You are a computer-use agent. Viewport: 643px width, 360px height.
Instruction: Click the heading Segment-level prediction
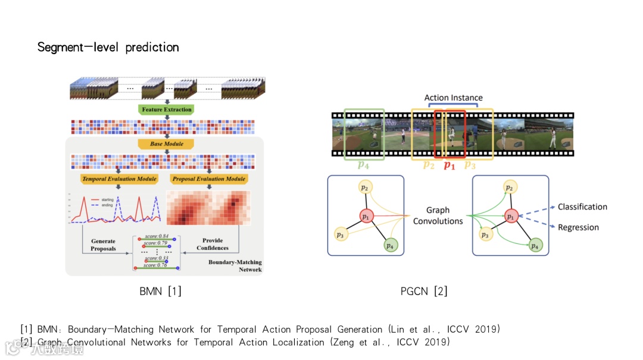click(x=108, y=47)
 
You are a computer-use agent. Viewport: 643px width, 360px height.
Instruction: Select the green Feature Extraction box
click(x=167, y=109)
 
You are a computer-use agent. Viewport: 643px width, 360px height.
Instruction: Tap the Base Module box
click(x=166, y=144)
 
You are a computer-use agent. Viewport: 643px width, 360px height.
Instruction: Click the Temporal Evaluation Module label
click(x=119, y=179)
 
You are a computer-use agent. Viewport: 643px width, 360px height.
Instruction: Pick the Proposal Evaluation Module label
click(x=208, y=179)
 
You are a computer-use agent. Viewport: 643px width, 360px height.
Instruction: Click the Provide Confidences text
click(x=212, y=245)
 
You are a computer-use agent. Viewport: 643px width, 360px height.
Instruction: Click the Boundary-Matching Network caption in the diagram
click(x=235, y=266)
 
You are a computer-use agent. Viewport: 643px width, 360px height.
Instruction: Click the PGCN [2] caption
click(x=424, y=292)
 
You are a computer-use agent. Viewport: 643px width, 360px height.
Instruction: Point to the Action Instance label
click(x=453, y=98)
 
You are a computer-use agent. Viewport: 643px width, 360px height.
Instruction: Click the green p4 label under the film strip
click(x=363, y=165)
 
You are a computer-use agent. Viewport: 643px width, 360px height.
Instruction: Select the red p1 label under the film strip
click(x=450, y=165)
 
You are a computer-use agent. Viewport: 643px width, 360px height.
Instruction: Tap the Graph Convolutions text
click(x=438, y=215)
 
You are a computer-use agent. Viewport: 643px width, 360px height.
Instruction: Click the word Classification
click(x=582, y=207)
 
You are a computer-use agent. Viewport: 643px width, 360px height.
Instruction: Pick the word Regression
click(x=578, y=227)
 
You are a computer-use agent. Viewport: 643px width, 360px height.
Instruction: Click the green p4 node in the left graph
click(x=389, y=245)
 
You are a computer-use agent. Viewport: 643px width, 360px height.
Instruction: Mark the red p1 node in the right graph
click(x=511, y=217)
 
